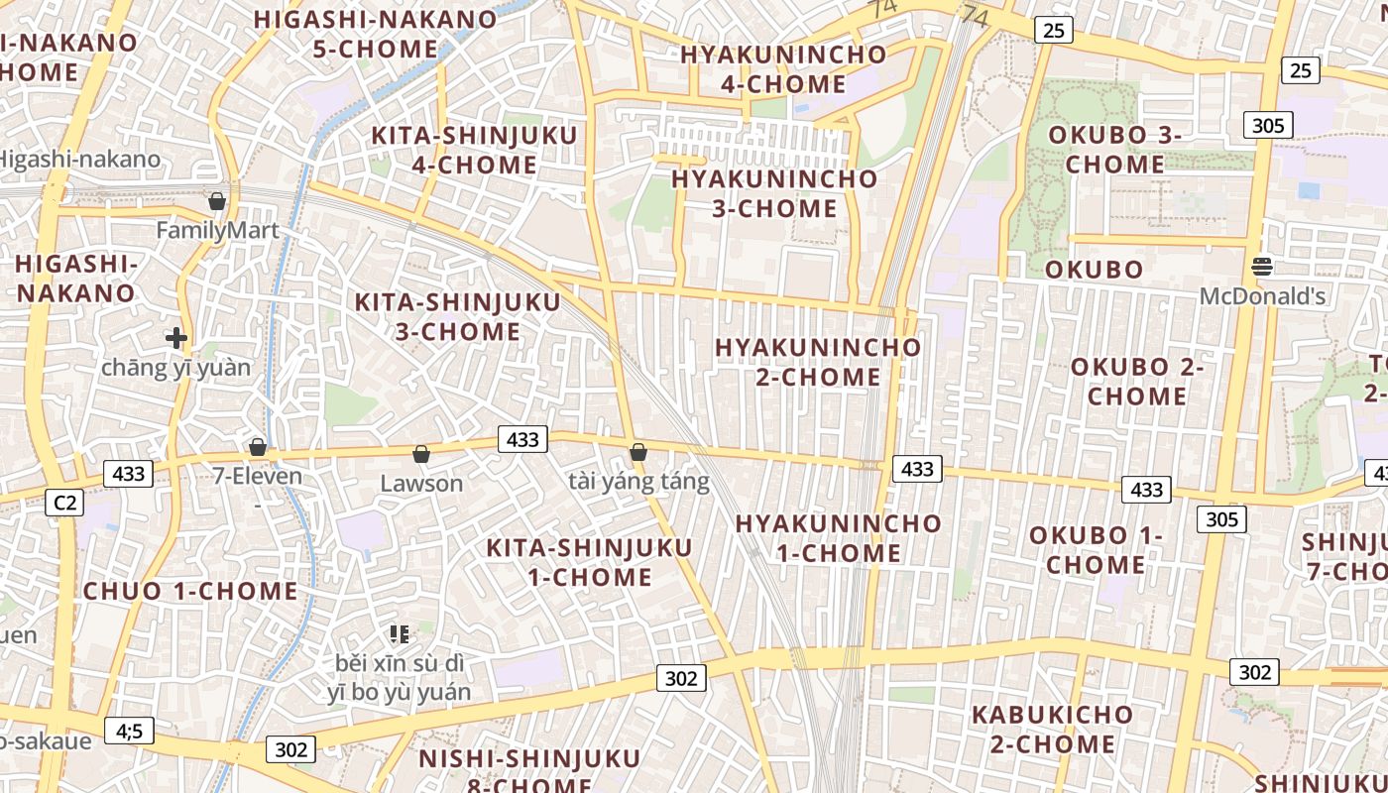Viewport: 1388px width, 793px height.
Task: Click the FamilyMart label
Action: click(218, 231)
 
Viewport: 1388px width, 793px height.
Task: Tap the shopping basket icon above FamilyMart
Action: click(217, 202)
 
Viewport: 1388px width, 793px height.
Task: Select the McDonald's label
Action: click(1262, 296)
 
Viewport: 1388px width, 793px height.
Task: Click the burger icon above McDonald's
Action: click(1262, 266)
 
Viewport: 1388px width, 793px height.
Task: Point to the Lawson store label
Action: click(421, 484)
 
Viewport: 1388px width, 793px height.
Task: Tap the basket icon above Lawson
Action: click(421, 455)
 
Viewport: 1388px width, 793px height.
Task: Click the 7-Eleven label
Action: click(258, 477)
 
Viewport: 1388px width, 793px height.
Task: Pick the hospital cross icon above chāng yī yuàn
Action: click(176, 338)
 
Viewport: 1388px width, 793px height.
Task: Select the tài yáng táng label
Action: click(638, 483)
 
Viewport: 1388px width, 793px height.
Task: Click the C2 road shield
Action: click(64, 503)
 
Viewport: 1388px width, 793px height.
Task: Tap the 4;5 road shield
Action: click(129, 732)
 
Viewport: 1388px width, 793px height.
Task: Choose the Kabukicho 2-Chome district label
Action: click(1052, 729)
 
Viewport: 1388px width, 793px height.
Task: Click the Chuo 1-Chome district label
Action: click(190, 592)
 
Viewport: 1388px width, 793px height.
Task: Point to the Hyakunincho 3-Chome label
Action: click(774, 193)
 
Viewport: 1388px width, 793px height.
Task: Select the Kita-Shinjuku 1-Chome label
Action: click(589, 562)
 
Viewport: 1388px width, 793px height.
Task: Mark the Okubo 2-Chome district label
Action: click(1137, 382)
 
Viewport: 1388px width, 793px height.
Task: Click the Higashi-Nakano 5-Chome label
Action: click(376, 34)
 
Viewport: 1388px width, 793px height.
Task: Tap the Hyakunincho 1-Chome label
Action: click(838, 538)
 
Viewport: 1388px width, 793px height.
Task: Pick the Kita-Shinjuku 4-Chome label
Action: click(474, 150)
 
